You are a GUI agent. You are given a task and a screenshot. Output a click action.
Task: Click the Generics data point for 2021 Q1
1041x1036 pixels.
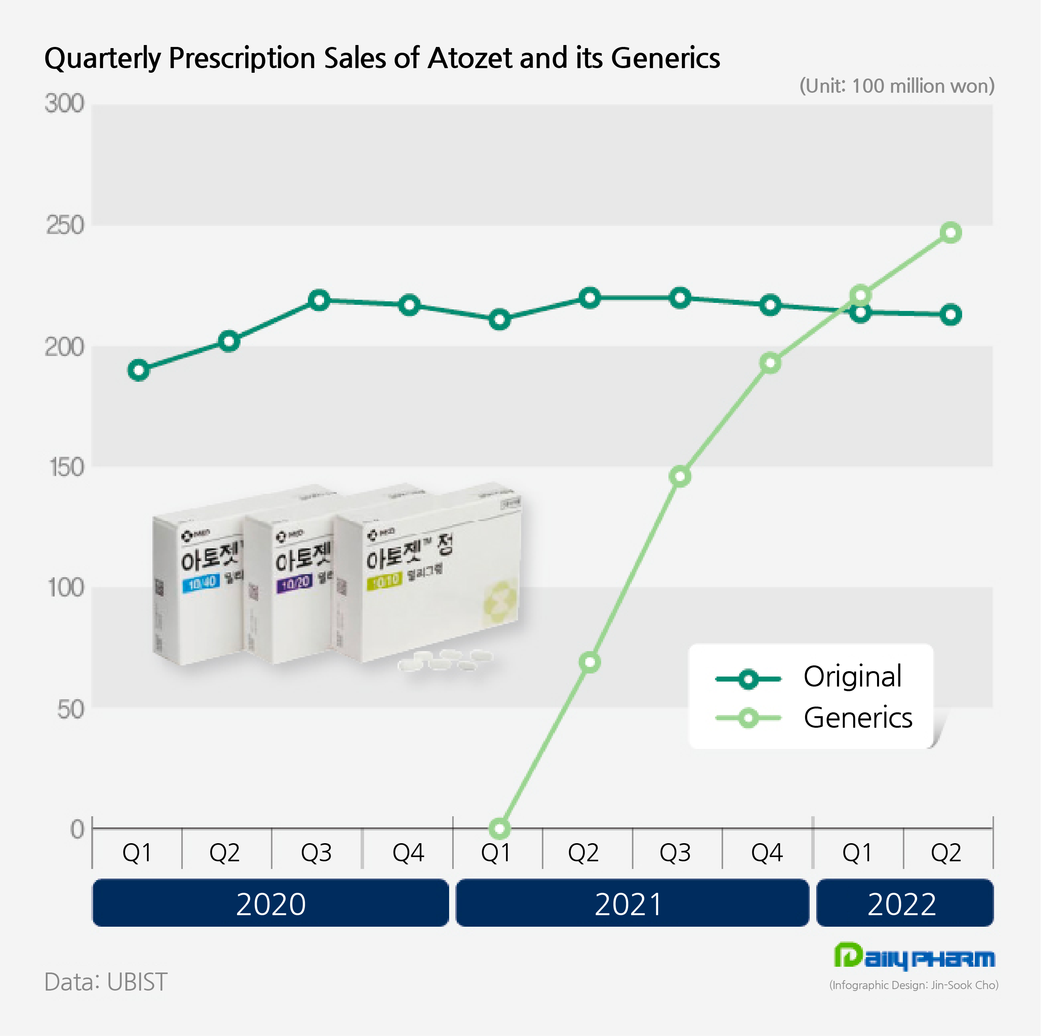(x=500, y=829)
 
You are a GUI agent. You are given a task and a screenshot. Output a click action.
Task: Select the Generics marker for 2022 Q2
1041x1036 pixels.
(x=951, y=233)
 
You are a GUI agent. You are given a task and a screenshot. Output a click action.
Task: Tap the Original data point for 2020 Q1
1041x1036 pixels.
(x=139, y=370)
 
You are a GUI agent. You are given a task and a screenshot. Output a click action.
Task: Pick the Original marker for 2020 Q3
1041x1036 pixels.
(x=319, y=300)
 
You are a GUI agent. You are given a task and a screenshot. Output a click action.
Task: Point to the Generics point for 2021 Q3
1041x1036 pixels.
(x=680, y=476)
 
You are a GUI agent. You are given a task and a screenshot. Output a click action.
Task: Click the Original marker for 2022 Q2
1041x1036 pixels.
(x=951, y=315)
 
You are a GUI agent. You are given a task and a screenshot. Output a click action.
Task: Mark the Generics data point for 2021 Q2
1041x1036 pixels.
(x=590, y=662)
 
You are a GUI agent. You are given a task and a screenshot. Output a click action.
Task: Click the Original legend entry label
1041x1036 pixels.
(x=852, y=677)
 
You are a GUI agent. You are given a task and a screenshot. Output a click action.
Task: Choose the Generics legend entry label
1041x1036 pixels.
(x=858, y=718)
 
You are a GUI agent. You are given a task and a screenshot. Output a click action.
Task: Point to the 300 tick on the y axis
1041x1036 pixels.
(x=65, y=104)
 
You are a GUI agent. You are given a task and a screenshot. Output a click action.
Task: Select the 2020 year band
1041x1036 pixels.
(x=271, y=904)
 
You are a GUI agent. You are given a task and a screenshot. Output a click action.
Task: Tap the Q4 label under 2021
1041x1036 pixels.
(x=767, y=852)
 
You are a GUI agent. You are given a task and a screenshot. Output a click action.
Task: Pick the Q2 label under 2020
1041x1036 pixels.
(x=224, y=852)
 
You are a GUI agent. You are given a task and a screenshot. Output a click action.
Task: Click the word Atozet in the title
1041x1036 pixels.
(x=470, y=58)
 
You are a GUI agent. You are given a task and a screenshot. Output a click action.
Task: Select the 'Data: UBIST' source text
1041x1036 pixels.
(x=106, y=982)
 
